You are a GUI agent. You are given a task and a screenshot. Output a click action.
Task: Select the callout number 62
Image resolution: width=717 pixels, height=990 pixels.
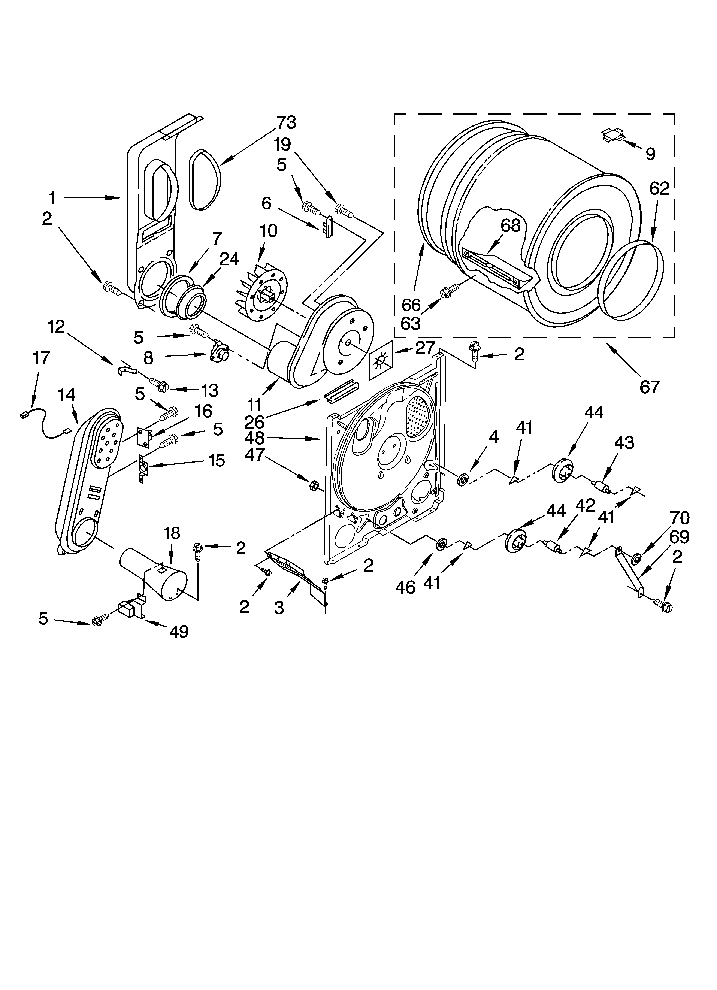[659, 189]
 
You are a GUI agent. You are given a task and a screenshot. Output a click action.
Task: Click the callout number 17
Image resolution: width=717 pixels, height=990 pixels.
[42, 358]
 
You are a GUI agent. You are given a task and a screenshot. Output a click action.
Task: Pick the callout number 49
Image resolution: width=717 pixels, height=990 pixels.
[179, 631]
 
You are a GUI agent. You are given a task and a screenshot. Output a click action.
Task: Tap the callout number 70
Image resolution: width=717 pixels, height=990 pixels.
[680, 518]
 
